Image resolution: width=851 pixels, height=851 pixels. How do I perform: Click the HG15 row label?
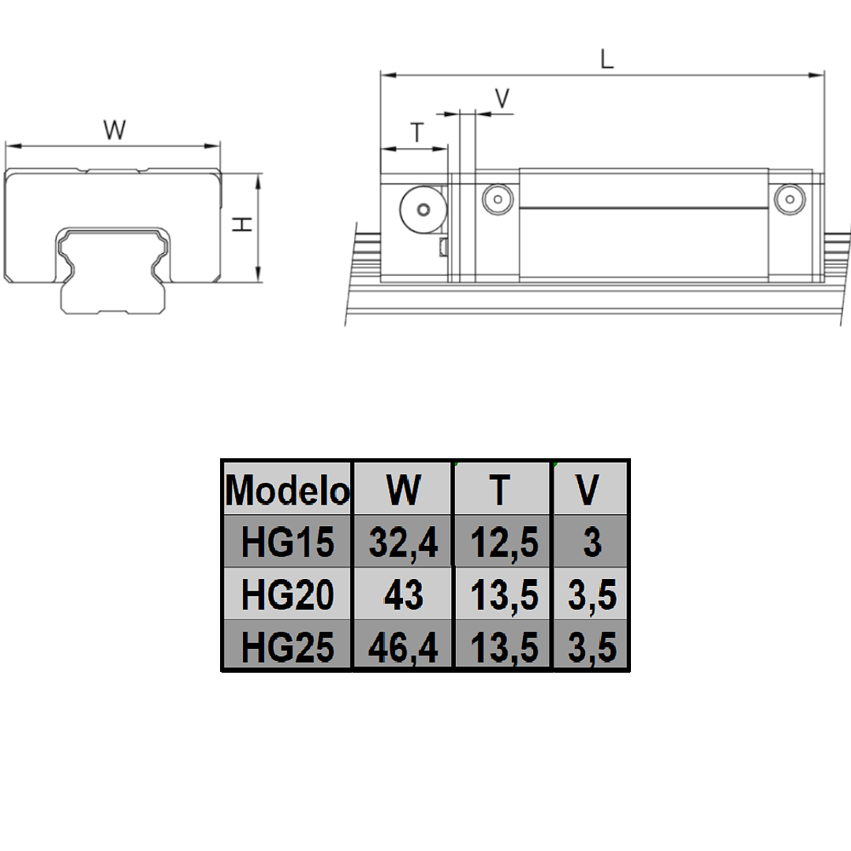(x=287, y=543)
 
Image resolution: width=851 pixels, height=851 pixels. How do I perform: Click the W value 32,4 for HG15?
(x=403, y=543)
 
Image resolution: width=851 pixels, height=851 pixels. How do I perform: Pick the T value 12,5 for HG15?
(x=503, y=543)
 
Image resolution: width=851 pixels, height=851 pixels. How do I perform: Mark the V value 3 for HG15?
(x=591, y=543)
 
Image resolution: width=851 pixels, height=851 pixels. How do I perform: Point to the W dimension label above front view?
(x=115, y=130)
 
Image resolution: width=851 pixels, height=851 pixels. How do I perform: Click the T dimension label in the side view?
(x=417, y=133)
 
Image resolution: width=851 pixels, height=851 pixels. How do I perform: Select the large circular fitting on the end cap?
(x=424, y=210)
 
